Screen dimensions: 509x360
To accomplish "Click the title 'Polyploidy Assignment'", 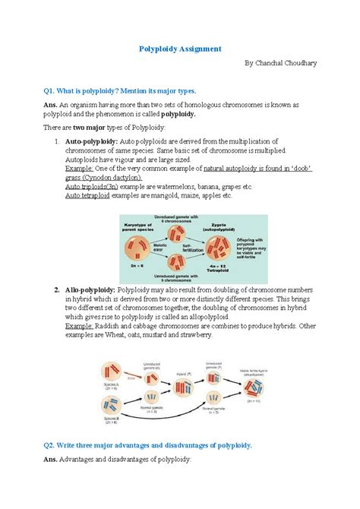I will (179, 49).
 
